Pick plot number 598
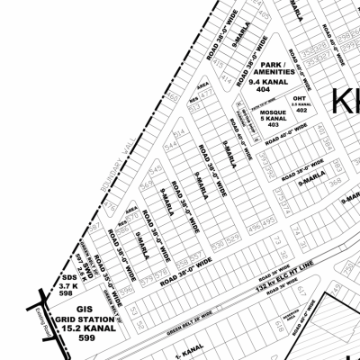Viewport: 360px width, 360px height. click(x=65, y=293)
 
